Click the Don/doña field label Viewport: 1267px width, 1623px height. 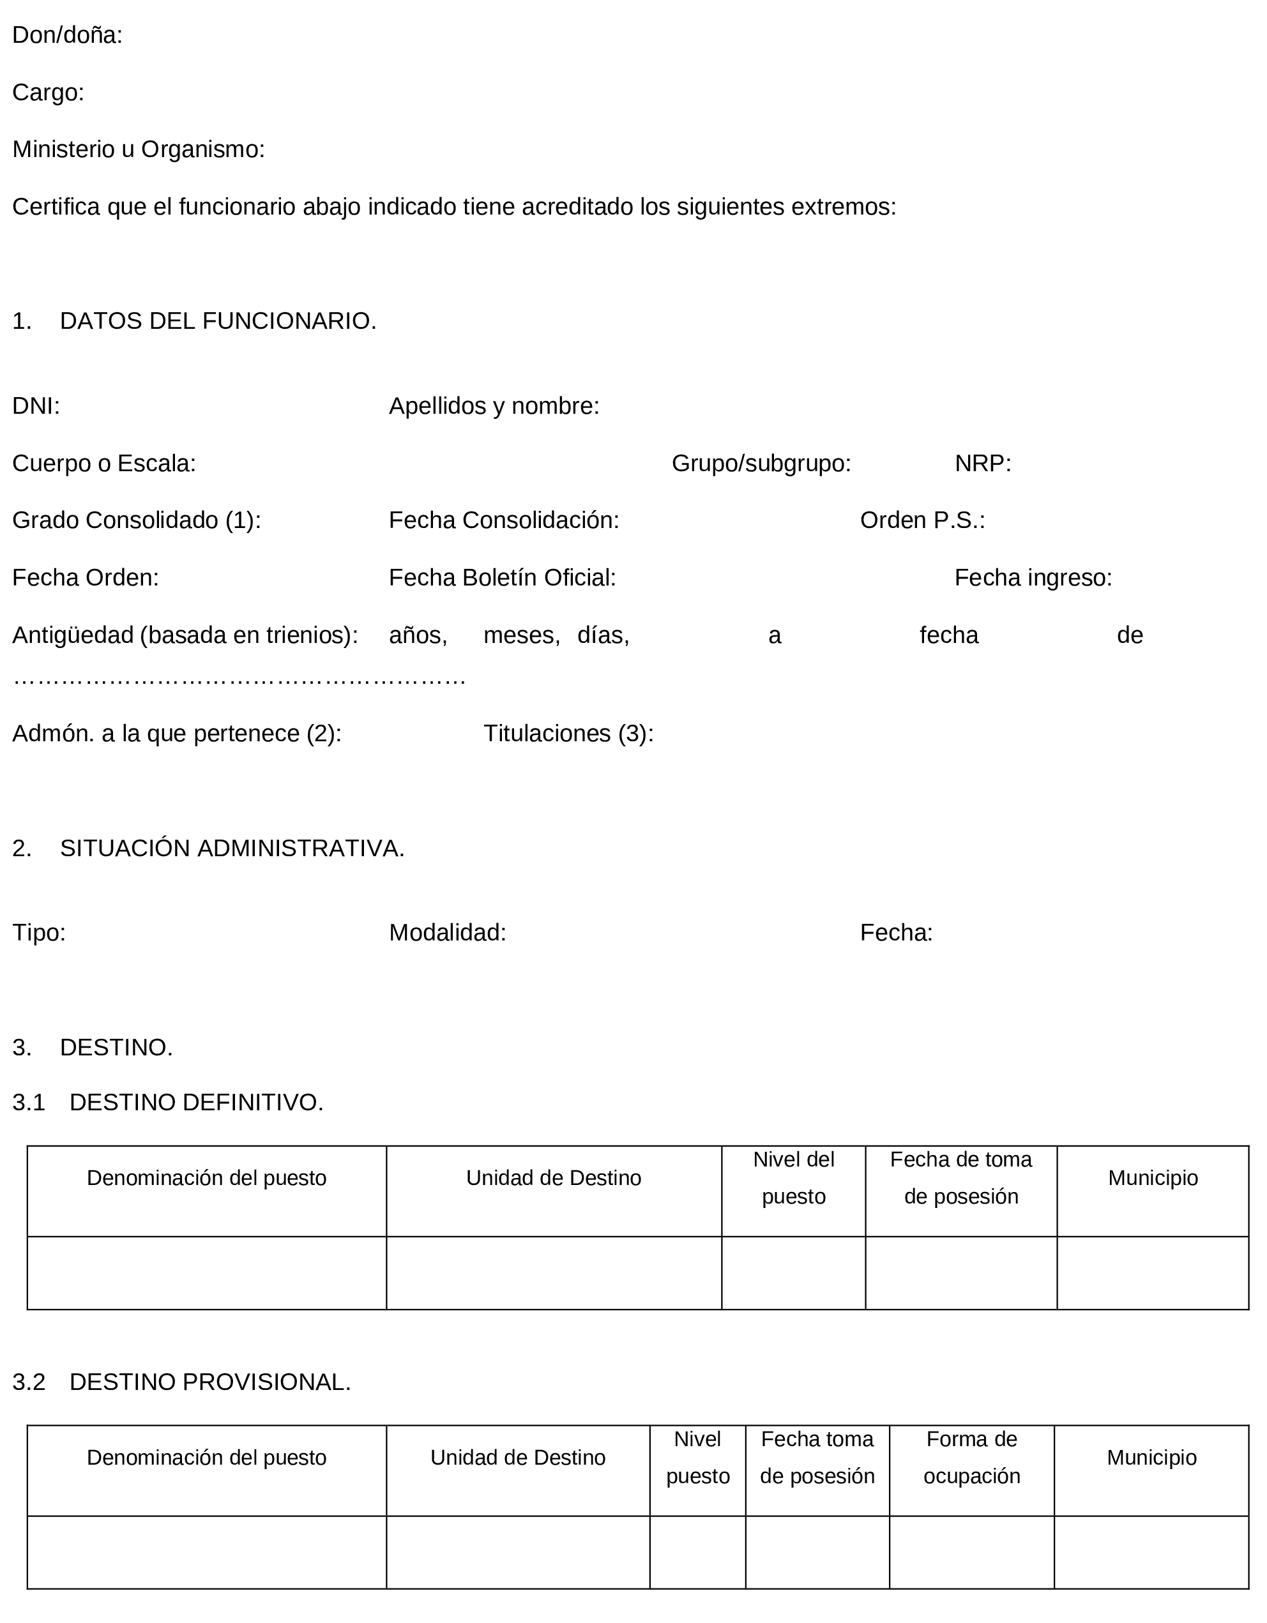tap(67, 35)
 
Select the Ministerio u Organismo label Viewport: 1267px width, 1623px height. tap(138, 149)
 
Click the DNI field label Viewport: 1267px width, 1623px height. tap(36, 406)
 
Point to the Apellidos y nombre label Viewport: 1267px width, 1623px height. tap(494, 406)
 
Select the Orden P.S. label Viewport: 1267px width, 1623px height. tap(922, 520)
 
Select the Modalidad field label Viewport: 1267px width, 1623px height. tap(448, 933)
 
